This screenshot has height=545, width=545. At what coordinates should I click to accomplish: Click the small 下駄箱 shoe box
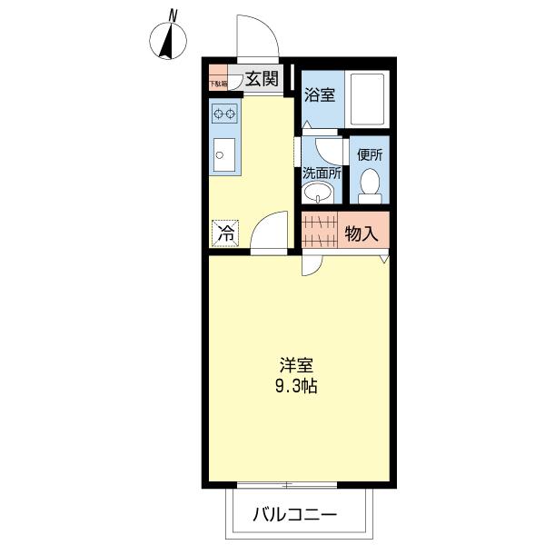pyautogui.click(x=218, y=79)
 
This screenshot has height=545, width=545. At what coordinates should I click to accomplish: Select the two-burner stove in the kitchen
pyautogui.click(x=224, y=114)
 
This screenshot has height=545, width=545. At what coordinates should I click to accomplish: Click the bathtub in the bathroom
pyautogui.click(x=367, y=99)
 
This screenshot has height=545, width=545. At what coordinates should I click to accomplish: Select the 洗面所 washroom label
pyautogui.click(x=321, y=172)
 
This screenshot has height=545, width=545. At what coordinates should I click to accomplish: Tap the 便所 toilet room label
pyautogui.click(x=370, y=154)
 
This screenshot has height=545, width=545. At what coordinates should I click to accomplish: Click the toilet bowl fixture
pyautogui.click(x=369, y=185)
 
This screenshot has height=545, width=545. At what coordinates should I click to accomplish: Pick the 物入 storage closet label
pyautogui.click(x=361, y=233)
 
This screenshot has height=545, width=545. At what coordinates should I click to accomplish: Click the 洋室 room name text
pyautogui.click(x=295, y=366)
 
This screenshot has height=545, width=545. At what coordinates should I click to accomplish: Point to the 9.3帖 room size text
pyautogui.click(x=296, y=385)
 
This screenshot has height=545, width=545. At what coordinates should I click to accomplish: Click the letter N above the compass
pyautogui.click(x=172, y=15)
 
